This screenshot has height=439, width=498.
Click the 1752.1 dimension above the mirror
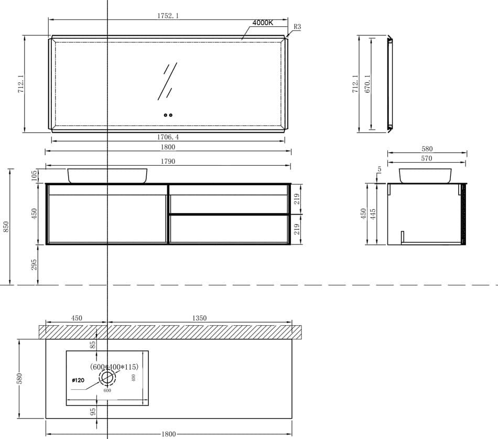tap(168, 16)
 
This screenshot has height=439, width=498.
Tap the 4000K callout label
tap(263, 23)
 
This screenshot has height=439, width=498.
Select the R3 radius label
tap(297, 27)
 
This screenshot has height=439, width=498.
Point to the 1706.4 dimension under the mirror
tap(168, 137)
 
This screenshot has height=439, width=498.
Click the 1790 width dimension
tap(168, 161)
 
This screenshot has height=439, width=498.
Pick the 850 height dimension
tap(6, 227)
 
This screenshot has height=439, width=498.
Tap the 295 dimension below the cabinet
tap(34, 265)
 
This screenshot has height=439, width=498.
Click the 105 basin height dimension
tap(34, 176)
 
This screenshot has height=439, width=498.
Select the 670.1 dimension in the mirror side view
tap(367, 84)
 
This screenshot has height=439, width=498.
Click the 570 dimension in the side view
tap(427, 158)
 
